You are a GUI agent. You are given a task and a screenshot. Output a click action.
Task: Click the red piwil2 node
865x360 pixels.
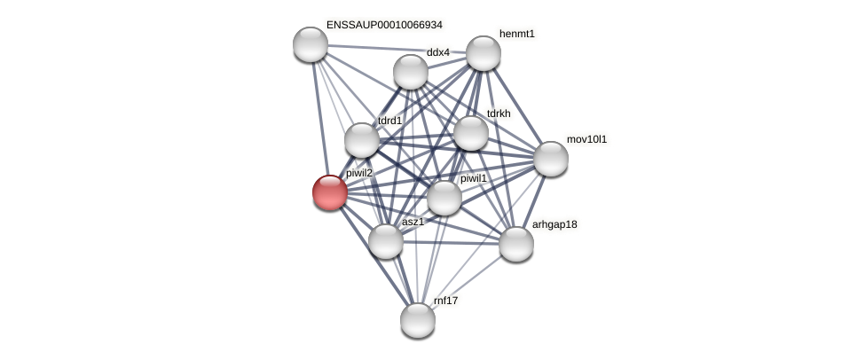coord(329,192)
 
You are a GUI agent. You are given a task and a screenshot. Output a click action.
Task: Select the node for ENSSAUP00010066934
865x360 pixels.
coord(310,44)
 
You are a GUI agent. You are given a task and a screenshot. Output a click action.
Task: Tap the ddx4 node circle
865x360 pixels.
coord(411,72)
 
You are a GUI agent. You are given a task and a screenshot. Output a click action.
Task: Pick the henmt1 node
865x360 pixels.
coord(484,53)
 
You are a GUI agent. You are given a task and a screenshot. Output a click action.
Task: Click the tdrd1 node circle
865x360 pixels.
coord(362,140)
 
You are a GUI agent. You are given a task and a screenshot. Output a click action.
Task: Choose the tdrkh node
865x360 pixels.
coord(471,133)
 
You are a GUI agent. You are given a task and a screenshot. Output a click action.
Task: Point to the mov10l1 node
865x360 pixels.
coord(550,159)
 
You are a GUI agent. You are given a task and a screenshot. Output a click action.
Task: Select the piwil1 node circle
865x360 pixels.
coord(444,198)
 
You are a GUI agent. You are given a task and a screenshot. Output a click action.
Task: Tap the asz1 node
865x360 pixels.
coord(386,240)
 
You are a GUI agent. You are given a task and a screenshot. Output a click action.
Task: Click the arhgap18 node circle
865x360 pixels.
coord(515,244)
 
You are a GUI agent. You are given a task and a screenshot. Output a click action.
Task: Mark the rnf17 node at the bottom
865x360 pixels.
coord(417,320)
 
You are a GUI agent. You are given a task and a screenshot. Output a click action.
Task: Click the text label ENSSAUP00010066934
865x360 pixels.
coord(384,25)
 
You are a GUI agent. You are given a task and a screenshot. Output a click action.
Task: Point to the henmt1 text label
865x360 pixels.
coord(517,34)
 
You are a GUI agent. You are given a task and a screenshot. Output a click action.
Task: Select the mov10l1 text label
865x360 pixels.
coord(586,139)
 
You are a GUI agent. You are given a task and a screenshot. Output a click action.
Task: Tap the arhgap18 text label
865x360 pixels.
coord(554,224)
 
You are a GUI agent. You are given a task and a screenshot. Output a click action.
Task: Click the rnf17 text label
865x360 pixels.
coord(445,301)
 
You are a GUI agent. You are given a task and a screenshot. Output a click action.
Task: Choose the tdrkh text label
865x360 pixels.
coord(499,113)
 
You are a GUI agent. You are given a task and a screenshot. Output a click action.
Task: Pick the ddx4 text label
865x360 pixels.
coord(438,52)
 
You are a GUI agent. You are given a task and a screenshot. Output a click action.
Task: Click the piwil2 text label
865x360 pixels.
coord(359,173)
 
